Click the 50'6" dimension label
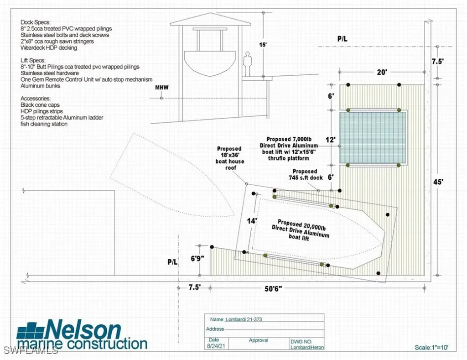click(273, 288)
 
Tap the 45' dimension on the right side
click(438, 182)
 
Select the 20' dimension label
click(382, 72)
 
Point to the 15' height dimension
click(263, 45)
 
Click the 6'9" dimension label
click(197, 258)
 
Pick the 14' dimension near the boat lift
click(252, 221)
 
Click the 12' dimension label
click(331, 140)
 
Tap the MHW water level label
click(162, 87)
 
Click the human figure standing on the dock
click(247, 64)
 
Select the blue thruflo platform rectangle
click(373, 137)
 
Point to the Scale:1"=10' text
click(431, 347)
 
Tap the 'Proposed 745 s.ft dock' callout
click(306, 175)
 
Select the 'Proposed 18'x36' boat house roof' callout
click(230, 158)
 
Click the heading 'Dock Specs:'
click(36, 22)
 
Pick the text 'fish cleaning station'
click(44, 124)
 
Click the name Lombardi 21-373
click(244, 319)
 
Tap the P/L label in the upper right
click(342, 39)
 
